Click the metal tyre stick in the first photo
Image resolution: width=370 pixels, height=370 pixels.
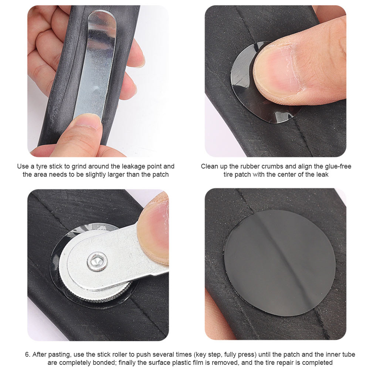pyautogui.click(x=97, y=64)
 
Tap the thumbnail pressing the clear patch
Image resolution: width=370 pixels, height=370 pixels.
pyautogui.click(x=277, y=71)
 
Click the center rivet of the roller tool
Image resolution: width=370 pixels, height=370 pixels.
pyautogui.click(x=97, y=261)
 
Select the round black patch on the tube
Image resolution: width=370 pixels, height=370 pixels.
pyautogui.click(x=279, y=263)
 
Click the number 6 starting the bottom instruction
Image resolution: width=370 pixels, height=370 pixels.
pyautogui.click(x=28, y=354)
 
